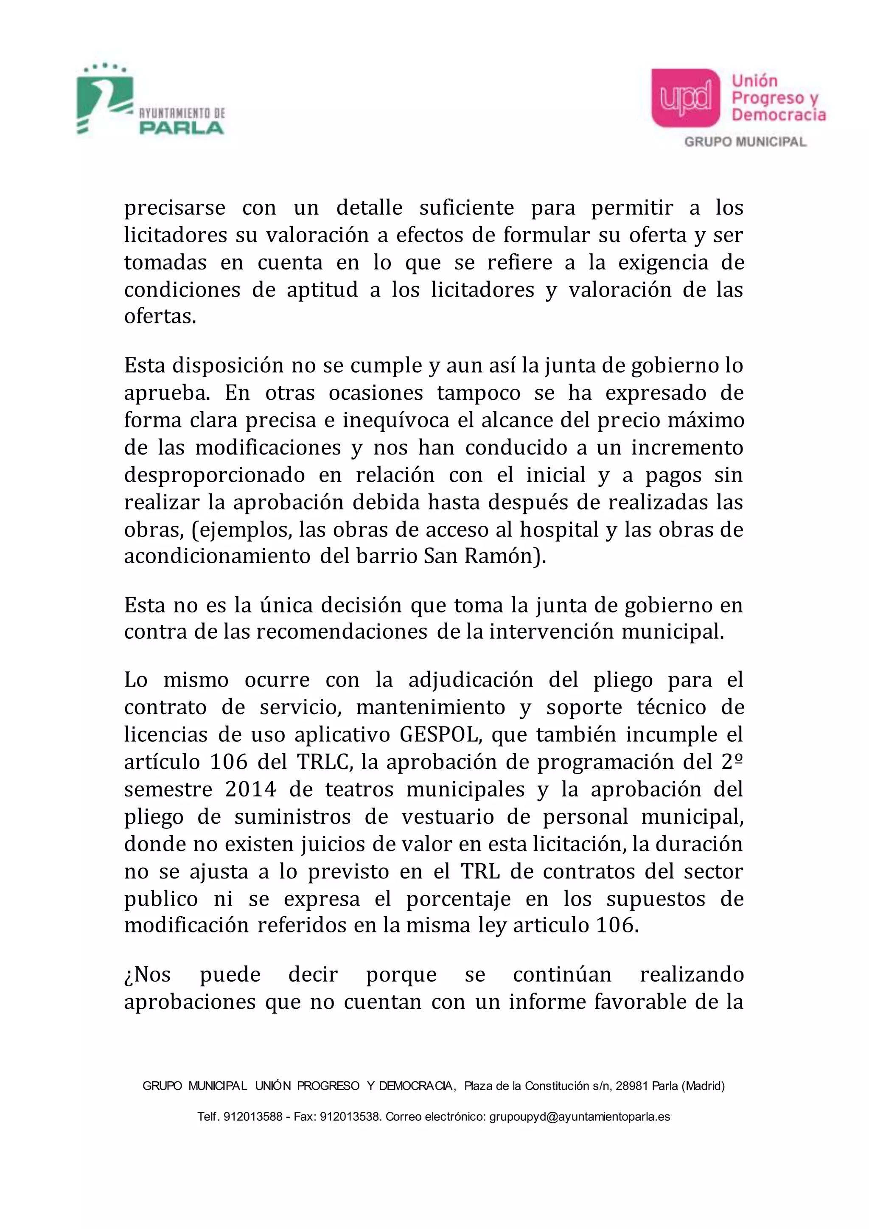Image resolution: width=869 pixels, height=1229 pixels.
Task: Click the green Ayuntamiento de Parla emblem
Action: [104, 101]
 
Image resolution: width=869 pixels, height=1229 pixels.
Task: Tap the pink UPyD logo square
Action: [685, 98]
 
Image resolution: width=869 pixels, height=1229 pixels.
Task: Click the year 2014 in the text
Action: [250, 789]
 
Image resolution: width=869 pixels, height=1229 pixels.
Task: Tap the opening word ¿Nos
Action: [147, 975]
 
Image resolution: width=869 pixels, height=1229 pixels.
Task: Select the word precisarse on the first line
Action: [174, 208]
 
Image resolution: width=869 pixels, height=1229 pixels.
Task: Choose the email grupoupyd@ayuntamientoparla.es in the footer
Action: [580, 1117]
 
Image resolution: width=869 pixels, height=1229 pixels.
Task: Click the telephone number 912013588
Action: [252, 1117]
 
